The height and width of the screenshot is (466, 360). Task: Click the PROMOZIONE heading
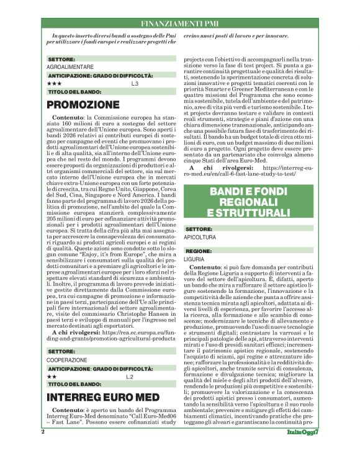(x=83, y=104)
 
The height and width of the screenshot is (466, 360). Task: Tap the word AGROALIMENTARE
(x=70, y=66)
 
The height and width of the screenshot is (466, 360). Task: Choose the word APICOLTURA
(x=200, y=237)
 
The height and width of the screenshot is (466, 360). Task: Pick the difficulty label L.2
(x=130, y=377)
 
